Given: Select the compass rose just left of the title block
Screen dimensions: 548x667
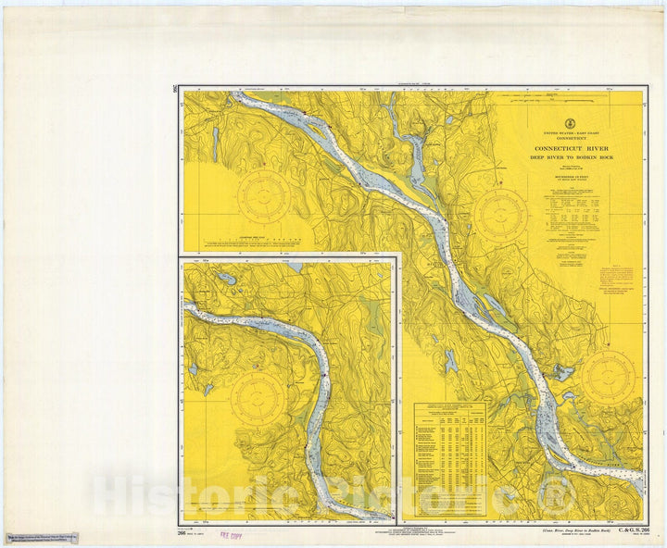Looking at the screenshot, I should point(500,217).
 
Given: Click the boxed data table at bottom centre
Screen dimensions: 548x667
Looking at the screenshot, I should point(449,459).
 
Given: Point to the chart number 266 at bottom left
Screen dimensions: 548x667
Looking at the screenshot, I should point(182,531).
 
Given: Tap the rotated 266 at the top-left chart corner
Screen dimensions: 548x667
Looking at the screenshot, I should point(176,89).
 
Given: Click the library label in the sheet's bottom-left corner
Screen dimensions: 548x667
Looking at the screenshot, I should point(42,539).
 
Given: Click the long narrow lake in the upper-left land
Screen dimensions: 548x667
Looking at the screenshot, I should point(215,144).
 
